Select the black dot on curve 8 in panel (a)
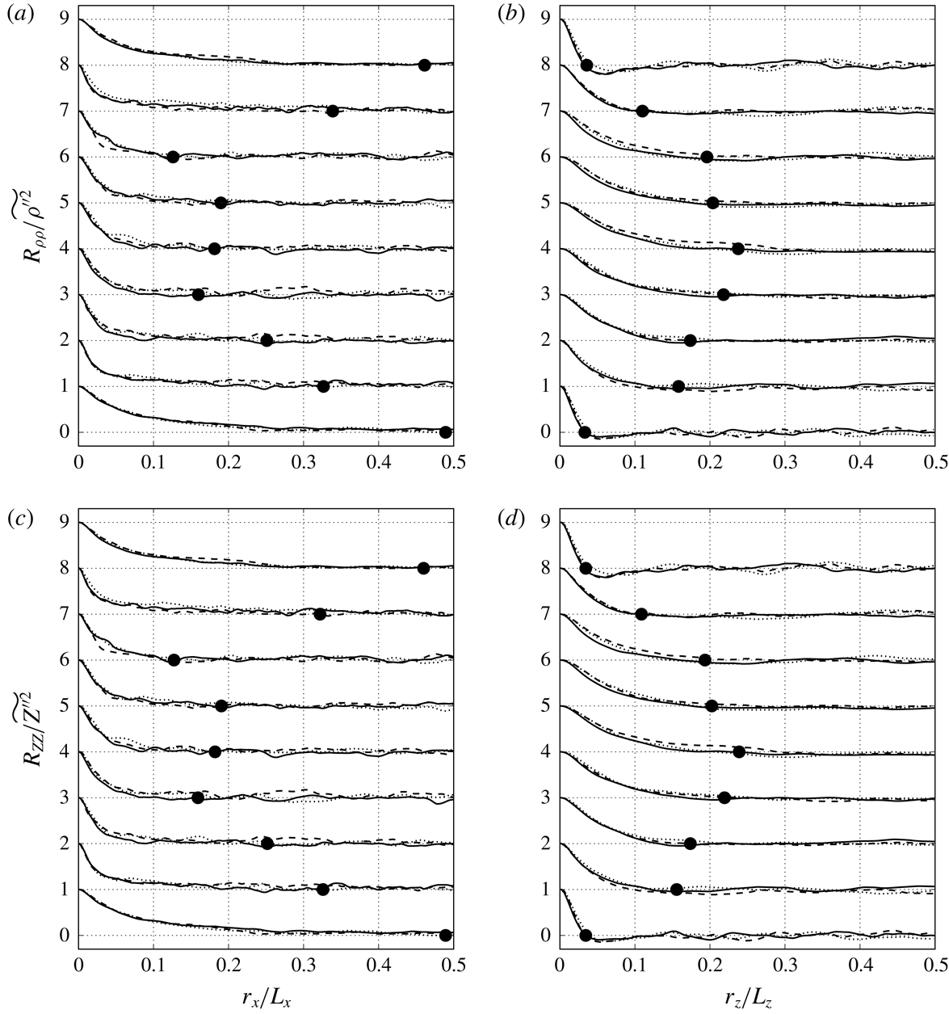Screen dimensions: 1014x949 pos(424,65)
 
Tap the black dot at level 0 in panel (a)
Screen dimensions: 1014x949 pos(445,432)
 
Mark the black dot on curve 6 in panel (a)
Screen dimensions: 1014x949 pos(172,157)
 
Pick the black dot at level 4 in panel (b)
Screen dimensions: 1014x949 pos(737,249)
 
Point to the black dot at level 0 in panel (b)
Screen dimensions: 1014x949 pos(585,432)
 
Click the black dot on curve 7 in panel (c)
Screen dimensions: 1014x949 pos(320,614)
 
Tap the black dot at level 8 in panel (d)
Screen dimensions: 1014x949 pos(586,569)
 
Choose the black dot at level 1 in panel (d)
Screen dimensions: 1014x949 pos(677,890)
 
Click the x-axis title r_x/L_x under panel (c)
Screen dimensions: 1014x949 pos(266,999)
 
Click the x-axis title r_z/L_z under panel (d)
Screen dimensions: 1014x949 pos(748,999)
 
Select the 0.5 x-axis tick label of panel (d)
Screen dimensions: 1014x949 pos(934,969)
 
